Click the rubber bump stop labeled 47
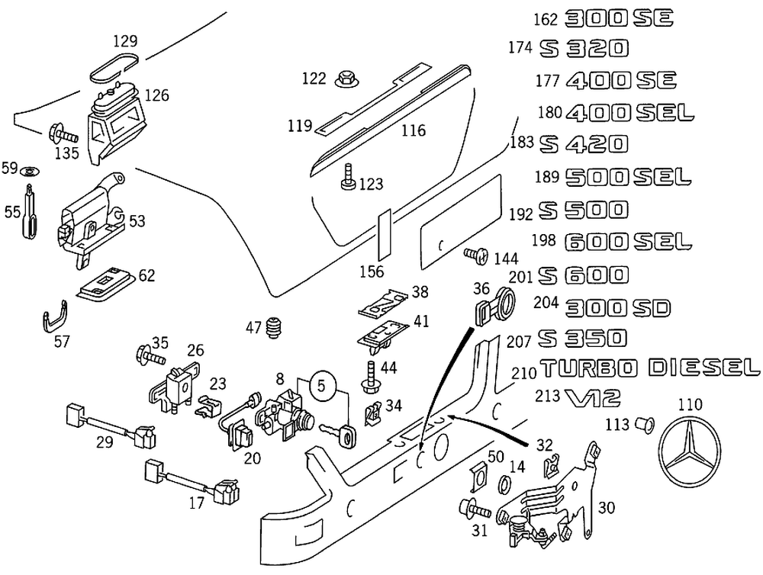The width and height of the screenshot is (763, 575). [276, 329]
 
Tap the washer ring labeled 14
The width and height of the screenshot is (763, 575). [504, 486]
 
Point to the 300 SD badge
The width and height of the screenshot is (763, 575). [617, 307]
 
